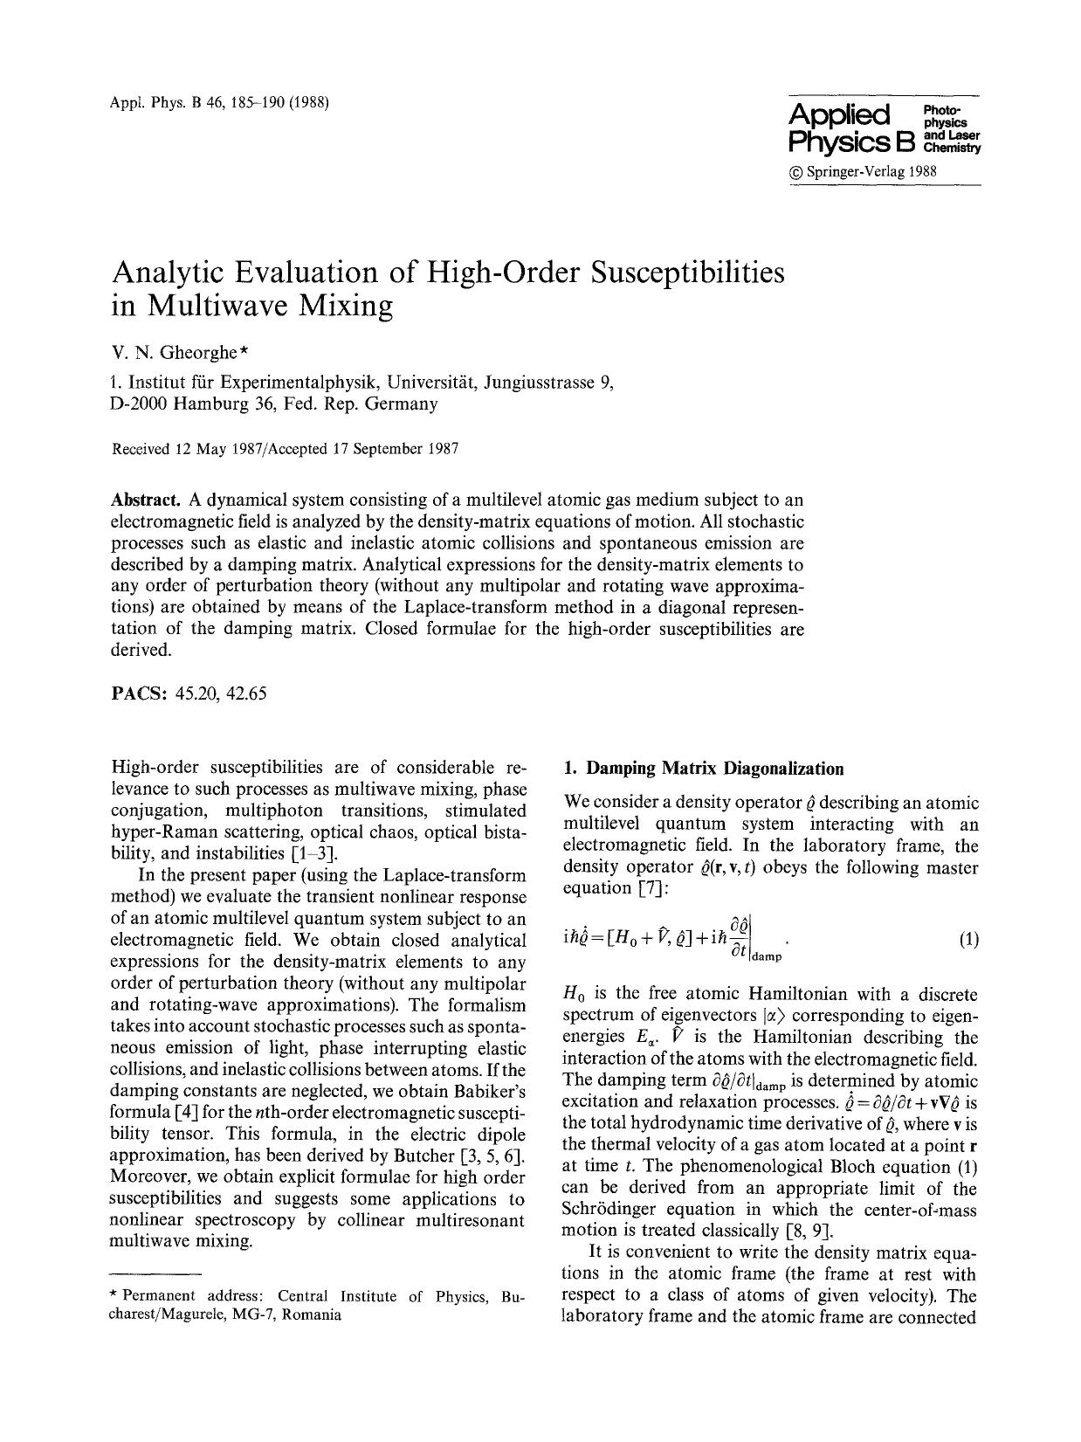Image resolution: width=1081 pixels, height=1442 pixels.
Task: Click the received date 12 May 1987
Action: pyautogui.click(x=224, y=449)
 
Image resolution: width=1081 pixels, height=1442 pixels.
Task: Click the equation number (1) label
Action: pyautogui.click(x=968, y=940)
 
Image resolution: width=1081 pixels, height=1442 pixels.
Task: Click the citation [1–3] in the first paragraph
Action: pyautogui.click(x=314, y=853)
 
